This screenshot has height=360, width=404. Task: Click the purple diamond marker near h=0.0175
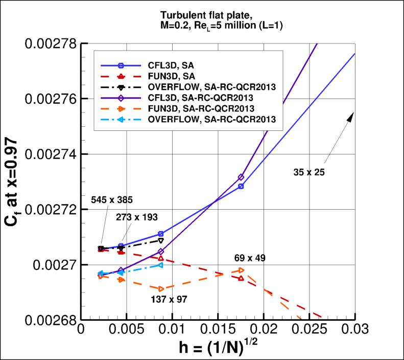(x=241, y=177)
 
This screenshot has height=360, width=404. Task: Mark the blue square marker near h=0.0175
(x=241, y=186)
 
